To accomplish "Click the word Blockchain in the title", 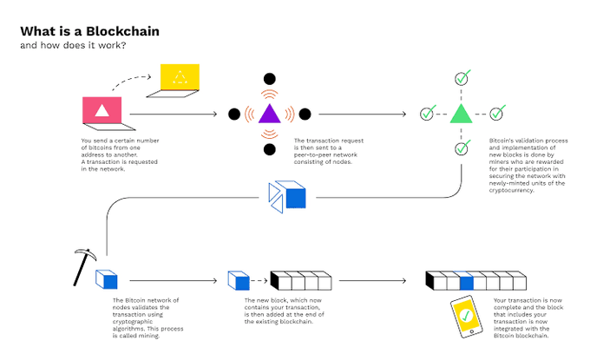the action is pyautogui.click(x=122, y=31).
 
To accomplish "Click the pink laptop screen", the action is pyautogui.click(x=102, y=110).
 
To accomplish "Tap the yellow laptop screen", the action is pyautogui.click(x=180, y=77).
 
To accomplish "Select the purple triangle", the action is pyautogui.click(x=270, y=114).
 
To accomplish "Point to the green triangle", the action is pyautogui.click(x=461, y=114).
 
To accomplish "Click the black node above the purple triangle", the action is pyautogui.click(x=270, y=79).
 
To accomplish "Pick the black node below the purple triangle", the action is pyautogui.click(x=270, y=149).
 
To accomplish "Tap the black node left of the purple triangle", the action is pyautogui.click(x=234, y=114).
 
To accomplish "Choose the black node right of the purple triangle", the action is pyautogui.click(x=305, y=114).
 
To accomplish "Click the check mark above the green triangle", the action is pyautogui.click(x=462, y=78).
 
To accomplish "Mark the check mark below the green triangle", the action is pyautogui.click(x=462, y=147).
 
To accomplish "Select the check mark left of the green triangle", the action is pyautogui.click(x=428, y=113).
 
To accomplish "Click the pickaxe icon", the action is pyautogui.click(x=83, y=266).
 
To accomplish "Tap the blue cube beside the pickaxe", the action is pyautogui.click(x=107, y=279).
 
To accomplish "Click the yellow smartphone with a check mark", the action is pyautogui.click(x=467, y=317).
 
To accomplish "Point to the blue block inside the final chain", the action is pyautogui.click(x=465, y=281).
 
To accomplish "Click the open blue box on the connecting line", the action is pyautogui.click(x=286, y=197).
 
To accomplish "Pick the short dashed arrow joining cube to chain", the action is pyautogui.click(x=259, y=281).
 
